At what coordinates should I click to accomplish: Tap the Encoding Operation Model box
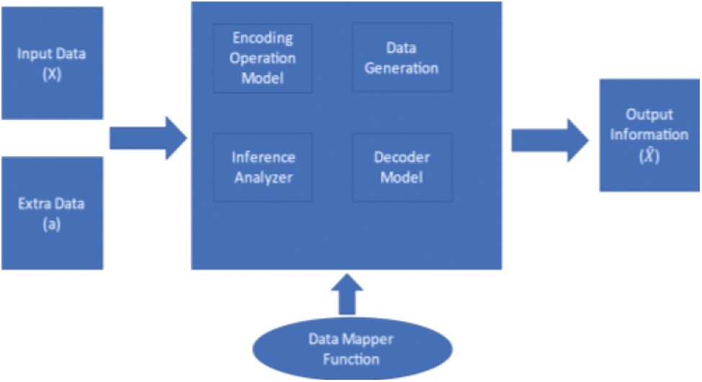click(x=263, y=58)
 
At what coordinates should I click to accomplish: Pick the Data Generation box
click(x=402, y=58)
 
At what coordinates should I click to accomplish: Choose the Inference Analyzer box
click(x=263, y=166)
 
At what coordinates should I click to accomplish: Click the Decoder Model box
click(x=402, y=166)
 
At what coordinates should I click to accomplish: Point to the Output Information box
click(x=649, y=135)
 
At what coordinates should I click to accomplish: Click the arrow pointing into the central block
click(x=148, y=138)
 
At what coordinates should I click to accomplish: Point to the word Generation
click(x=402, y=68)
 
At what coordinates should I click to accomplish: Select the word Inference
click(x=263, y=157)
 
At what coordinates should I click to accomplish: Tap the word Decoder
click(x=402, y=157)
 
